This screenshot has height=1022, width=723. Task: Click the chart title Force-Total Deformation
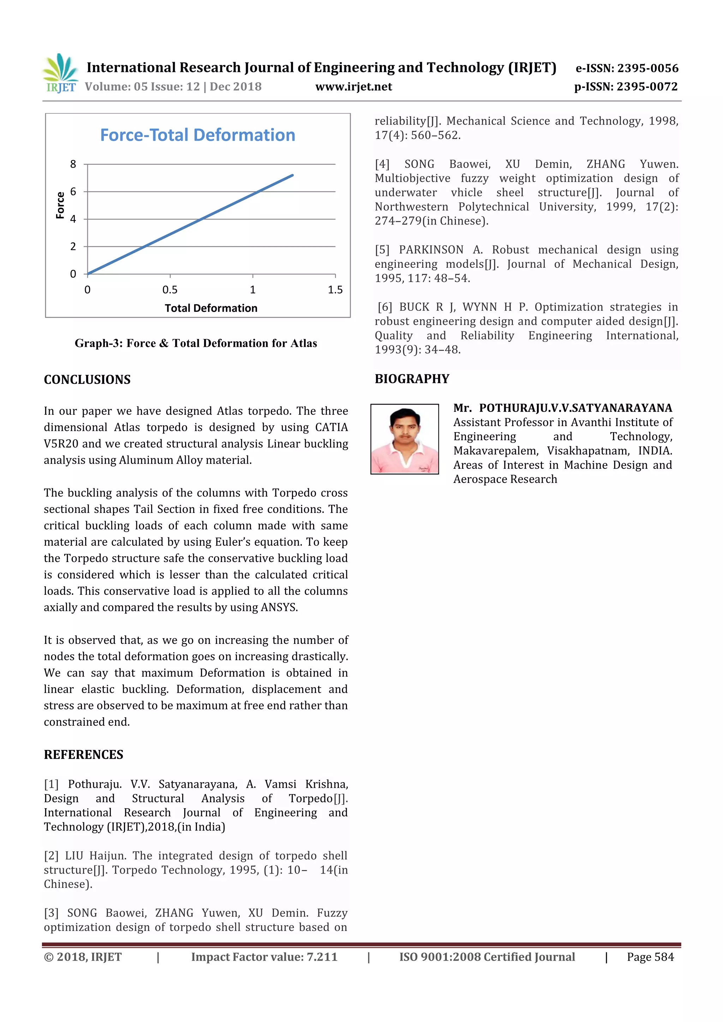tap(197, 135)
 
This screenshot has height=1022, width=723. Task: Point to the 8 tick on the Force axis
tap(73, 164)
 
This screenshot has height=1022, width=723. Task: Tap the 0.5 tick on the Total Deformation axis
tap(170, 290)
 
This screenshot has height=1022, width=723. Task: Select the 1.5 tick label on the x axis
tap(335, 290)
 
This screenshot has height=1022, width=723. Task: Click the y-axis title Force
tap(60, 205)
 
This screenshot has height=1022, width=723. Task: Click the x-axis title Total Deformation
tap(211, 308)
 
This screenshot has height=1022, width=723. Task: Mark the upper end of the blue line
tap(292, 175)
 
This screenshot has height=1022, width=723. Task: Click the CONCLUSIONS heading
tap(87, 380)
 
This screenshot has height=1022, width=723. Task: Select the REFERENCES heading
tap(84, 755)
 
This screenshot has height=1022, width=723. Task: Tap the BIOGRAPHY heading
tap(412, 379)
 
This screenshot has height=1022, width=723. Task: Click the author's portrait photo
tap(405, 439)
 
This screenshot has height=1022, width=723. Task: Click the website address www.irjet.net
tap(354, 87)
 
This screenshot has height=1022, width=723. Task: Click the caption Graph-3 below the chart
tap(196, 343)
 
